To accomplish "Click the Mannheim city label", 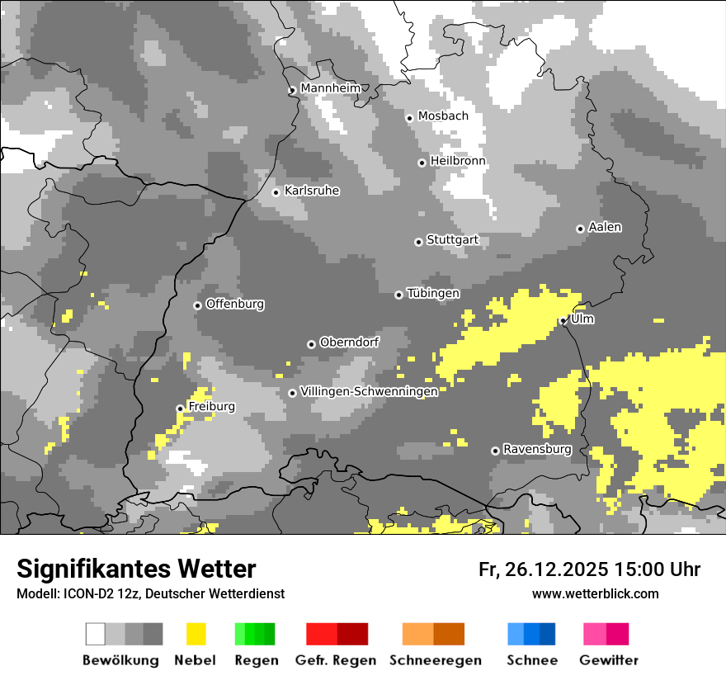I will tap(330, 88).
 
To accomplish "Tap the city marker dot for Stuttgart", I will tap(418, 242).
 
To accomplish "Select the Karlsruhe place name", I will tap(311, 191).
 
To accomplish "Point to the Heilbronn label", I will tap(458, 161).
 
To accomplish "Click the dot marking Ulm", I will tap(563, 321).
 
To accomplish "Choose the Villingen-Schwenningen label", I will tap(369, 391).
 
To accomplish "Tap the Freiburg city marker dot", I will tap(180, 409).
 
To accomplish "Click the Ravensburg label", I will tap(537, 450).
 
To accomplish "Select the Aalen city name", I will tap(605, 227).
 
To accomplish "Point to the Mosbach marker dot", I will tap(409, 118).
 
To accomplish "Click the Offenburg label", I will tap(234, 304).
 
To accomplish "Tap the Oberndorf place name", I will tap(349, 342).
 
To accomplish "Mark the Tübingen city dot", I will tap(399, 295).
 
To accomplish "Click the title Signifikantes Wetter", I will tap(136, 569).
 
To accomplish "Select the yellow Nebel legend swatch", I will tap(196, 634).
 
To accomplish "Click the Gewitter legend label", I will tap(608, 660).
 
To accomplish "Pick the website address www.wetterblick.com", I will tap(595, 593).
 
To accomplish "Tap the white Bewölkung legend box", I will tap(96, 634).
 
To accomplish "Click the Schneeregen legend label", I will tap(435, 660).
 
